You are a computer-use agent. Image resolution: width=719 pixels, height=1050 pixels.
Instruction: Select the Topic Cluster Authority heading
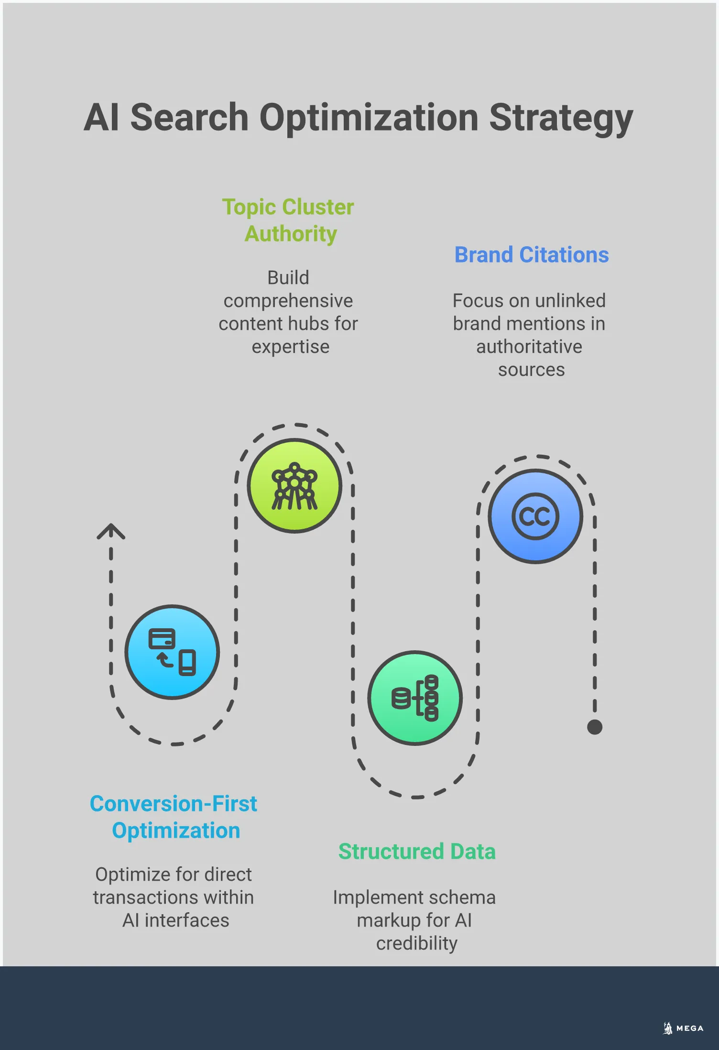[288, 220]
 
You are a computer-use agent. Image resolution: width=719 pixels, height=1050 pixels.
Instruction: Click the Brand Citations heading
[532, 255]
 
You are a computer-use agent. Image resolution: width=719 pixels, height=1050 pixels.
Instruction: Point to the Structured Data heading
[417, 852]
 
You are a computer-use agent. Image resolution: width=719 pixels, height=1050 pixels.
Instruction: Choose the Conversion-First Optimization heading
[174, 817]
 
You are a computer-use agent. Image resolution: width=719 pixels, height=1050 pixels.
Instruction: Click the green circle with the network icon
[294, 486]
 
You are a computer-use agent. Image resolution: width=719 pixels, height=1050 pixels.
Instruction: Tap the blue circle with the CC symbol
[535, 516]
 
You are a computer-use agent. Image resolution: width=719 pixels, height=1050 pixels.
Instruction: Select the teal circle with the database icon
[415, 698]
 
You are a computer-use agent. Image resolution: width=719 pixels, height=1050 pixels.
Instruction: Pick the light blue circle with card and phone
[172, 652]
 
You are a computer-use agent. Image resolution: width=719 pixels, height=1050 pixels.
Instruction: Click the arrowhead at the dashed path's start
[111, 530]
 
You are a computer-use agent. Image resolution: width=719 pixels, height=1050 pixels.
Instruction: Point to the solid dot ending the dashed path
[595, 727]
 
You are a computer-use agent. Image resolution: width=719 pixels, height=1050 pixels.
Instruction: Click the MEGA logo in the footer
[684, 1028]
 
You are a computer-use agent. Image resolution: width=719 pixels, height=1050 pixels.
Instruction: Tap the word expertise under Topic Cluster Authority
[291, 347]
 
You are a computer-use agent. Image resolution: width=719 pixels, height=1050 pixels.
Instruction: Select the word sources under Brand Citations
[532, 370]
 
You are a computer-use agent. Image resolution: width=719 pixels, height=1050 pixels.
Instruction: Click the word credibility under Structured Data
[417, 943]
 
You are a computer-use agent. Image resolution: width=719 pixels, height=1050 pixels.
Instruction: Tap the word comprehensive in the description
[288, 301]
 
